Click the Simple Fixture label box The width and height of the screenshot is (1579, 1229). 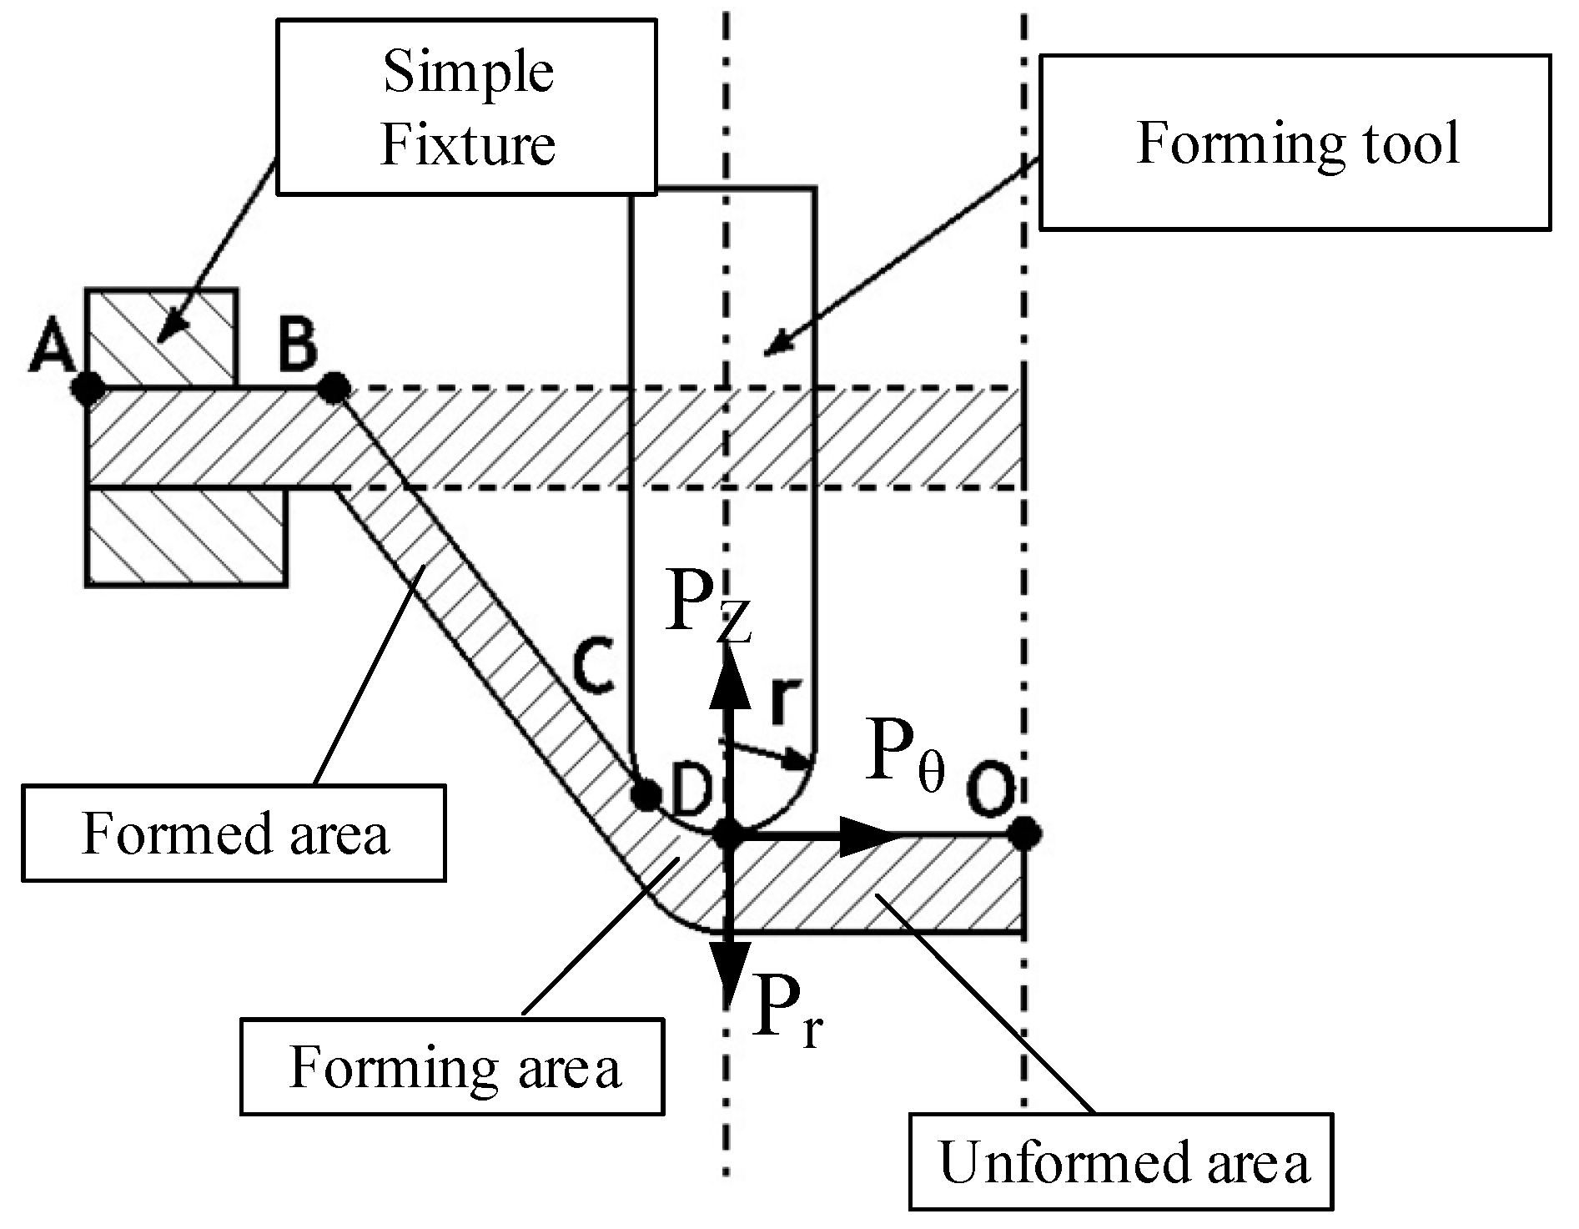[x=466, y=108]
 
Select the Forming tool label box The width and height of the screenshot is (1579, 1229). [x=1294, y=143]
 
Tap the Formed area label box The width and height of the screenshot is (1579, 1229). [x=234, y=833]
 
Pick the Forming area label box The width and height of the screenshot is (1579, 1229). [x=452, y=1066]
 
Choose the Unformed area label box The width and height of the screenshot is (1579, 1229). [x=1121, y=1161]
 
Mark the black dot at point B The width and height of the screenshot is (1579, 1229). [x=334, y=386]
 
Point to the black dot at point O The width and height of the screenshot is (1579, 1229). [x=1024, y=832]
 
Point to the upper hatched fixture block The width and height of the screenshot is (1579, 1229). [x=161, y=338]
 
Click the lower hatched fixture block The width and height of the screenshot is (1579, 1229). [x=186, y=536]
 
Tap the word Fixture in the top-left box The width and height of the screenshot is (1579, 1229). [x=467, y=144]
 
